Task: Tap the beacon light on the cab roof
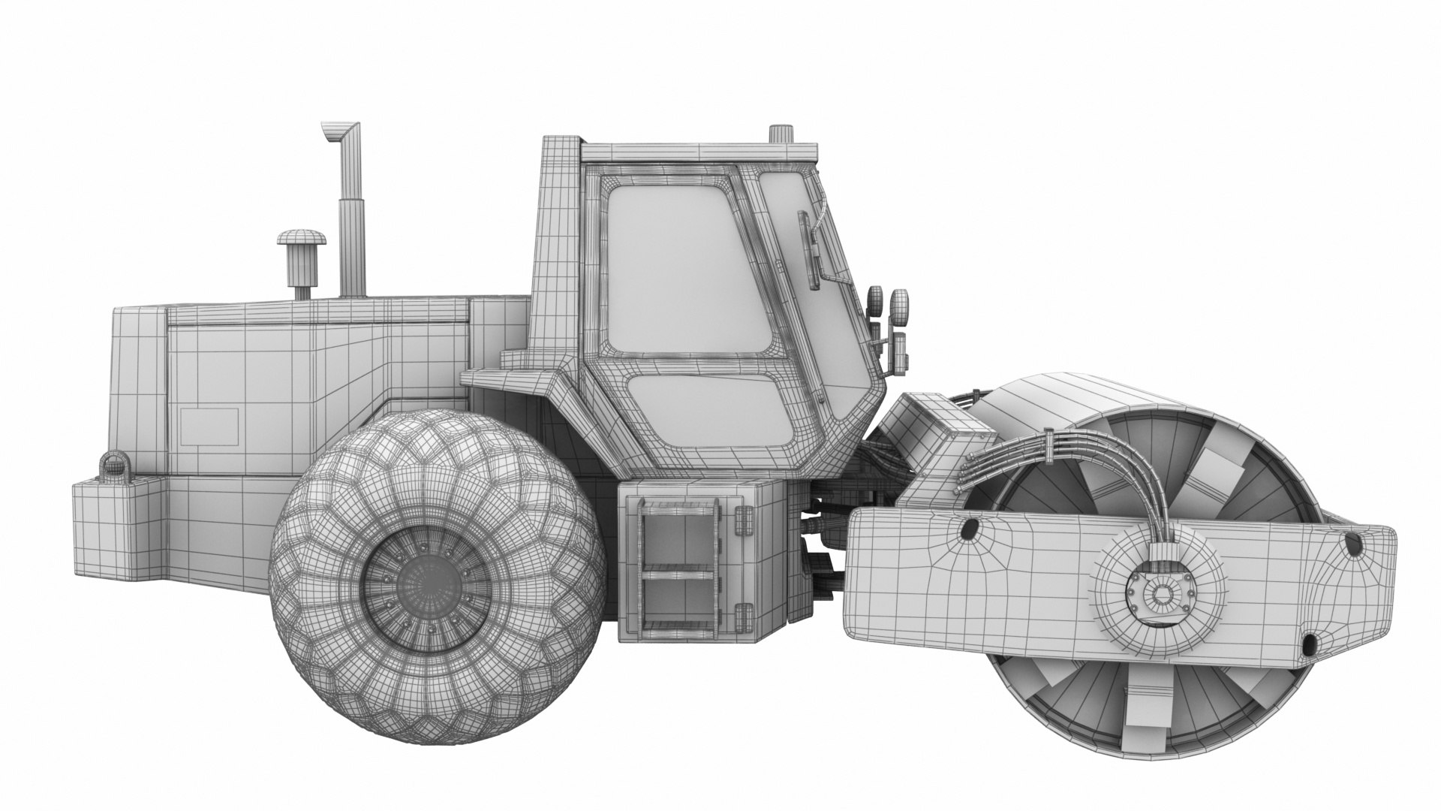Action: tap(781, 134)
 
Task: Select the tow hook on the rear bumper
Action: tap(113, 465)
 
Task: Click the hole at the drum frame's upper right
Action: tap(1352, 544)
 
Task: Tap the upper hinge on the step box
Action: tap(743, 519)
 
